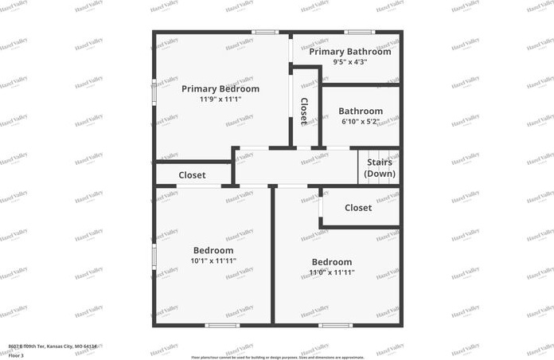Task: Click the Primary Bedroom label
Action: tap(220, 88)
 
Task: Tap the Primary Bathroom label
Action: tap(350, 52)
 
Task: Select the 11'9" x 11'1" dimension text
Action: tap(220, 100)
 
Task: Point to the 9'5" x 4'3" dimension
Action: tap(350, 62)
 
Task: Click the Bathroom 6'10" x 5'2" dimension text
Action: tap(361, 122)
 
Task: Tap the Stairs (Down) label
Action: tap(380, 167)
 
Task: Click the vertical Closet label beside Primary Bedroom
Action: tap(304, 111)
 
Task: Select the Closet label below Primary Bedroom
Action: tap(192, 175)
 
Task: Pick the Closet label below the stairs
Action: tap(358, 208)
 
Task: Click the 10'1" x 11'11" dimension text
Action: tap(213, 260)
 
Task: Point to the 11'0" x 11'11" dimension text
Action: tap(332, 272)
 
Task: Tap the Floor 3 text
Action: tap(17, 354)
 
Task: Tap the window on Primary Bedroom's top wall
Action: tap(264, 32)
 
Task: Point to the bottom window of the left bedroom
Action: tap(221, 325)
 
